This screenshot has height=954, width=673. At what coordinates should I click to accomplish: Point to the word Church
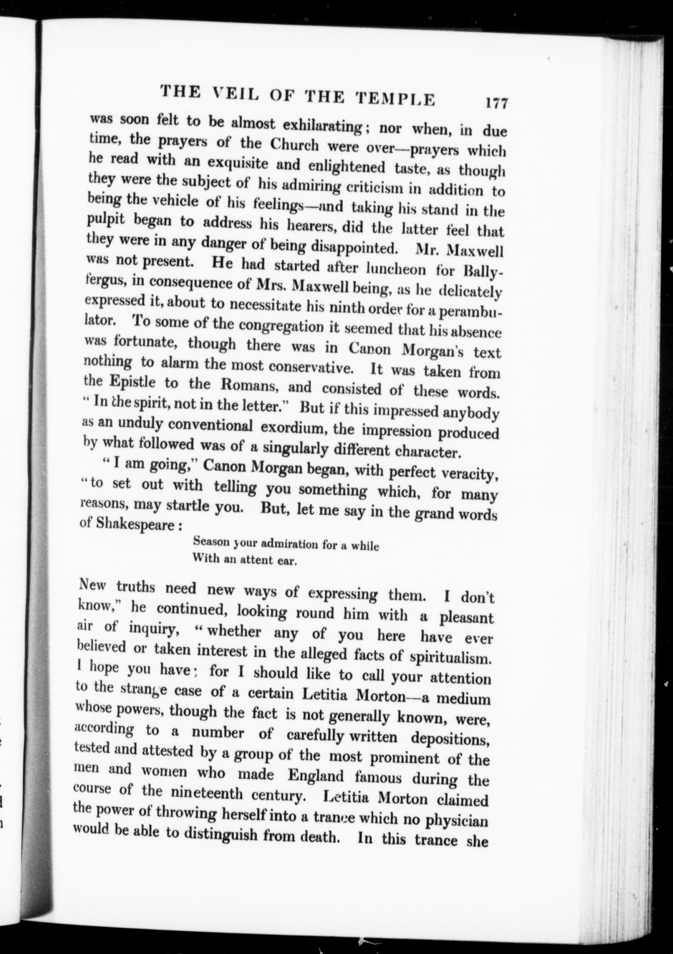(x=295, y=145)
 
